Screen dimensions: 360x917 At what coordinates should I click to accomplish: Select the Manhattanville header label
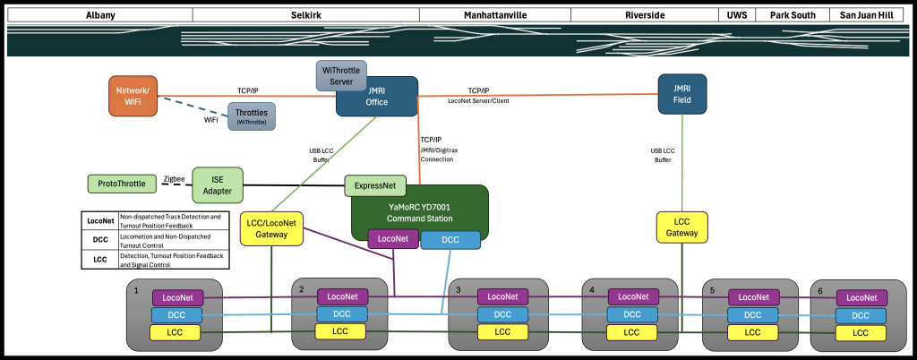pos(495,16)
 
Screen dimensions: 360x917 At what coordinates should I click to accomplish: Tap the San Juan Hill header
pos(866,16)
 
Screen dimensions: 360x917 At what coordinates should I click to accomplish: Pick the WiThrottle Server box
pos(340,76)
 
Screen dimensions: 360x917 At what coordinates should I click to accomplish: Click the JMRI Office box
pos(376,96)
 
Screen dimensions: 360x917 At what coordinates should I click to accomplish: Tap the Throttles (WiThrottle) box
pos(252,116)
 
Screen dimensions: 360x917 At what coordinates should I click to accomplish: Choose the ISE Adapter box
pos(218,184)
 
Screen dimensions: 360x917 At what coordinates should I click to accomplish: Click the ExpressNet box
pos(374,186)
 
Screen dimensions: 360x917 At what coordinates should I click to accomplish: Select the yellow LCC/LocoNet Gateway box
pos(270,228)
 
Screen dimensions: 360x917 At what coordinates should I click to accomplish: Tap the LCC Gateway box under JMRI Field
pos(681,227)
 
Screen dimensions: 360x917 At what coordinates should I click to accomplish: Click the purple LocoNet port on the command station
pos(393,239)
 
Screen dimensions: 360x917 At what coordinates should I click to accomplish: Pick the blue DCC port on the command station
pos(450,240)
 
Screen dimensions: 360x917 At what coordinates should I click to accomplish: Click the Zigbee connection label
pos(175,179)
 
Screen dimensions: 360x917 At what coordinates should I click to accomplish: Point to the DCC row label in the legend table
pos(99,239)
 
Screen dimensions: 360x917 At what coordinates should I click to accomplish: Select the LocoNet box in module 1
pos(178,297)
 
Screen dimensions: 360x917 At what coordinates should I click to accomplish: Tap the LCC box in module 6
pos(860,332)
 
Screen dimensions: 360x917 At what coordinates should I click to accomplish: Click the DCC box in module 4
pos(632,314)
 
